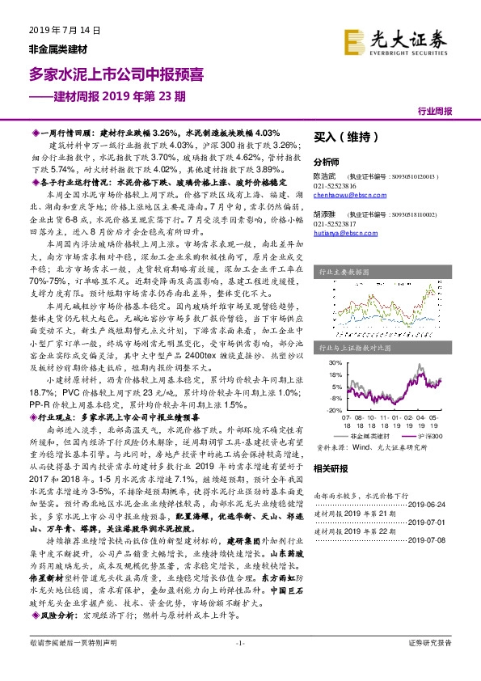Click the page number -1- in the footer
point(240,665)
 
